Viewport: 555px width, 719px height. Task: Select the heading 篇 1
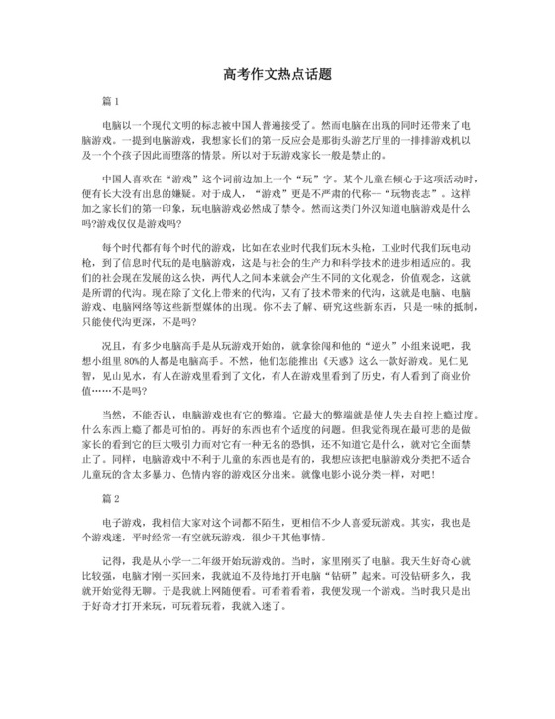[x=110, y=102]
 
